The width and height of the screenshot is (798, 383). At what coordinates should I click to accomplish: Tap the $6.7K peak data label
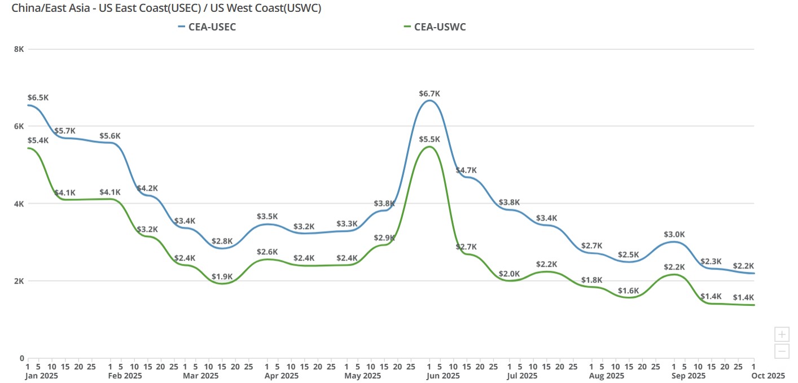pyautogui.click(x=429, y=94)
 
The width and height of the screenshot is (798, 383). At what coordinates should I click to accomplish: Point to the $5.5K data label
pyautogui.click(x=429, y=139)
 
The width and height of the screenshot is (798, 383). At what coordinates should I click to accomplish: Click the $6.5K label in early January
pyautogui.click(x=38, y=98)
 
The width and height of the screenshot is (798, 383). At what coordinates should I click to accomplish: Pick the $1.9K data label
pyautogui.click(x=222, y=276)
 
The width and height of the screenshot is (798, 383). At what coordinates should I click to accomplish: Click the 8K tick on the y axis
pyautogui.click(x=19, y=49)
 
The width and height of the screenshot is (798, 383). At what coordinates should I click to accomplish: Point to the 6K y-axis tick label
pyautogui.click(x=19, y=126)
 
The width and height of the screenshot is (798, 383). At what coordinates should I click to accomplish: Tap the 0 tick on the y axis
pyautogui.click(x=21, y=358)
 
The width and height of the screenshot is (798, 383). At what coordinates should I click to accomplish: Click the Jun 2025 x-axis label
pyautogui.click(x=443, y=376)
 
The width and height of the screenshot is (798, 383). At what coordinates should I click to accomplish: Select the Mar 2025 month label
pyautogui.click(x=201, y=376)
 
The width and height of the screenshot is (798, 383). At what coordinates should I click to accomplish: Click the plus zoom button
pyautogui.click(x=782, y=334)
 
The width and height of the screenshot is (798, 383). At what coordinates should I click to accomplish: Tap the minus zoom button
pyautogui.click(x=782, y=351)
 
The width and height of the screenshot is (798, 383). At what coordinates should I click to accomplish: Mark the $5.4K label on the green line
pyautogui.click(x=38, y=140)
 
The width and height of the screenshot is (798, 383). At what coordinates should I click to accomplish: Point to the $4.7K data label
pyautogui.click(x=466, y=170)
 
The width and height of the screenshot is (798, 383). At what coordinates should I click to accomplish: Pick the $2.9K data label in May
pyautogui.click(x=384, y=237)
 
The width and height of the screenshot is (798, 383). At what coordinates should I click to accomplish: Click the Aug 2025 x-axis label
pyautogui.click(x=607, y=376)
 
